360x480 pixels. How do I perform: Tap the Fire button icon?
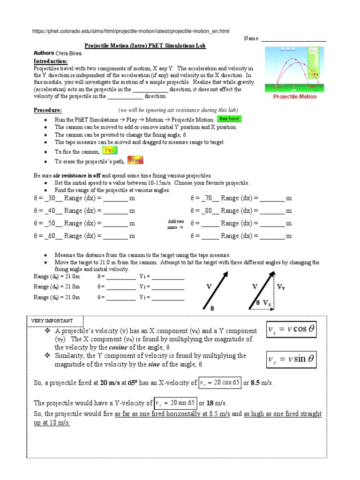click(x=109, y=150)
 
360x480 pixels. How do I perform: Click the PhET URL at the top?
click(x=131, y=31)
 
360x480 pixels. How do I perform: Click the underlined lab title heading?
click(x=145, y=46)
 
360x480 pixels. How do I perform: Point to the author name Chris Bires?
click(x=68, y=53)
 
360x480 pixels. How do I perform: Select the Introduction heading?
click(x=51, y=61)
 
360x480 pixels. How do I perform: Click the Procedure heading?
click(x=47, y=110)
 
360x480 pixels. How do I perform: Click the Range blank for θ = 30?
click(x=115, y=198)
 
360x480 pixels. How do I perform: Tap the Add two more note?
click(x=176, y=224)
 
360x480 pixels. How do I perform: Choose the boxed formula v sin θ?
click(x=291, y=360)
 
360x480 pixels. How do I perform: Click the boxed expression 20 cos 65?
click(x=219, y=382)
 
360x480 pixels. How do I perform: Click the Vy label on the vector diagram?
click(x=281, y=287)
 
